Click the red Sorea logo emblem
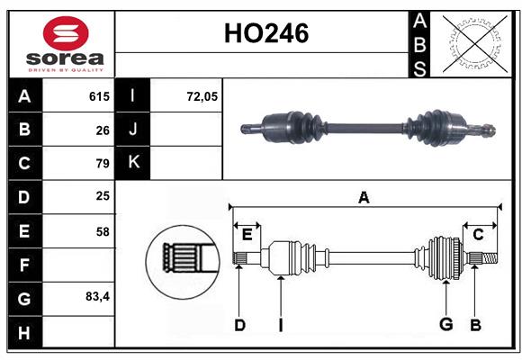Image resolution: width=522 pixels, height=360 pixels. (x=67, y=33)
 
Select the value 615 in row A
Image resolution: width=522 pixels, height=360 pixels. (x=99, y=96)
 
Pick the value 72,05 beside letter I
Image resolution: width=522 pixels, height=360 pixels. (x=202, y=96)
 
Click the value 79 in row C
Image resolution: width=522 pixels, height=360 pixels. (x=102, y=164)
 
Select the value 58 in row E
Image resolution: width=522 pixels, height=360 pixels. (x=102, y=231)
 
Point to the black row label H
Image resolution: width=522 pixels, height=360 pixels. (x=24, y=331)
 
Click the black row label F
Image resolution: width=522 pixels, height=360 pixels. (x=24, y=265)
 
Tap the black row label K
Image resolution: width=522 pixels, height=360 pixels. (x=133, y=163)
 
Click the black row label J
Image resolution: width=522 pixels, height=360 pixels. (x=133, y=130)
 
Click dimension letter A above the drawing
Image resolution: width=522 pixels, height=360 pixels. (x=364, y=197)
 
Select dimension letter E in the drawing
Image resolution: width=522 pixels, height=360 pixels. (x=247, y=234)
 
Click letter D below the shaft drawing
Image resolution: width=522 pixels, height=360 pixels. (x=239, y=325)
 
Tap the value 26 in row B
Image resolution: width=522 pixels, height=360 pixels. (x=102, y=130)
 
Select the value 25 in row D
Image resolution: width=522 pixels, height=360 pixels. (x=102, y=197)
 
